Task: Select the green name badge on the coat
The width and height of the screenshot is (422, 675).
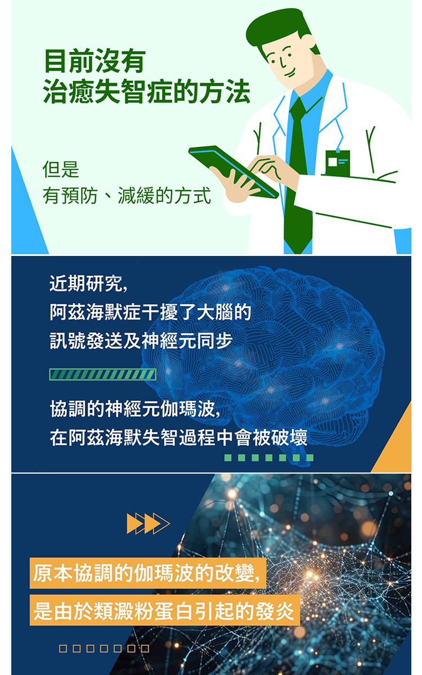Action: (337, 163)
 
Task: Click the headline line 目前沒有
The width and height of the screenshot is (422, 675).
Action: (95, 61)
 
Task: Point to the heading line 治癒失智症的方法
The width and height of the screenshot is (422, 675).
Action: (147, 92)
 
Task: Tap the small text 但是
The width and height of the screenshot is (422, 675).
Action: (61, 169)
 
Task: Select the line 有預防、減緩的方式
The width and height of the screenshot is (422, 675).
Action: (127, 196)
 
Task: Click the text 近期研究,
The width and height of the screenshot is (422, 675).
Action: (89, 285)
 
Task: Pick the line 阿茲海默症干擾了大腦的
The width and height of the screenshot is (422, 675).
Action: (150, 313)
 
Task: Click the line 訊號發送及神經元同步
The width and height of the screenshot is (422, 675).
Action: (141, 341)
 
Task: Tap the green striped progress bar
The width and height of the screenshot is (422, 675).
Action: (102, 374)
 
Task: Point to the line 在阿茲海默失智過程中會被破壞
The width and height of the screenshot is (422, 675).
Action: (179, 438)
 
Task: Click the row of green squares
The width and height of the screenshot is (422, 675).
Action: (269, 457)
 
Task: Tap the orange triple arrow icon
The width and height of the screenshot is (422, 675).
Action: (148, 523)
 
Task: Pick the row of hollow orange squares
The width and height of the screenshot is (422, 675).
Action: (105, 649)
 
